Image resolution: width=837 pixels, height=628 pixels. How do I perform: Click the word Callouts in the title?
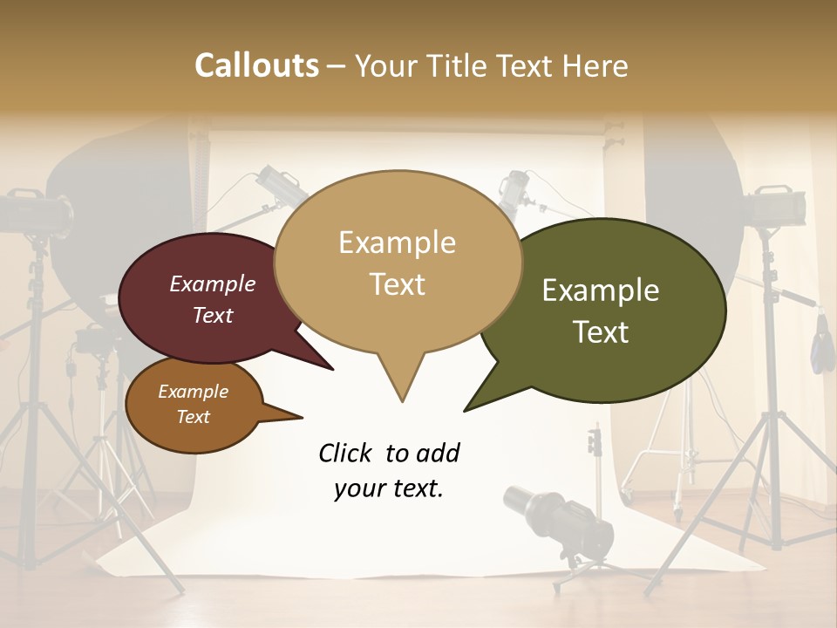(x=257, y=65)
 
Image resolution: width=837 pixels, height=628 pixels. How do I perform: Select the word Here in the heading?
(x=595, y=66)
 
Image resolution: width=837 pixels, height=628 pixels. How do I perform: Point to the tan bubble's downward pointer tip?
(x=402, y=401)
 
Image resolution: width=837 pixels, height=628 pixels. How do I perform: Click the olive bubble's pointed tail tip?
(x=465, y=410)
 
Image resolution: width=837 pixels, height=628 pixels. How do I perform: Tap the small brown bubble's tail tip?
(x=302, y=416)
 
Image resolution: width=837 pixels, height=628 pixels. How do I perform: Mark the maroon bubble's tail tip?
(x=333, y=370)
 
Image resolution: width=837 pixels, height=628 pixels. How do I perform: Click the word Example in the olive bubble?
(x=601, y=290)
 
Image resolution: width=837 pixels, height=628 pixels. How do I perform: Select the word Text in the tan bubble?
(x=398, y=284)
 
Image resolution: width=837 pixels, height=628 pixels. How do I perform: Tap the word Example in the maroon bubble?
(x=212, y=283)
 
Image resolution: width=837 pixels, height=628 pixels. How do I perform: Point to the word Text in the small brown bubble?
(x=194, y=417)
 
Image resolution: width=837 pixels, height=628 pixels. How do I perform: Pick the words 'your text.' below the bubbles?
(x=389, y=488)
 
